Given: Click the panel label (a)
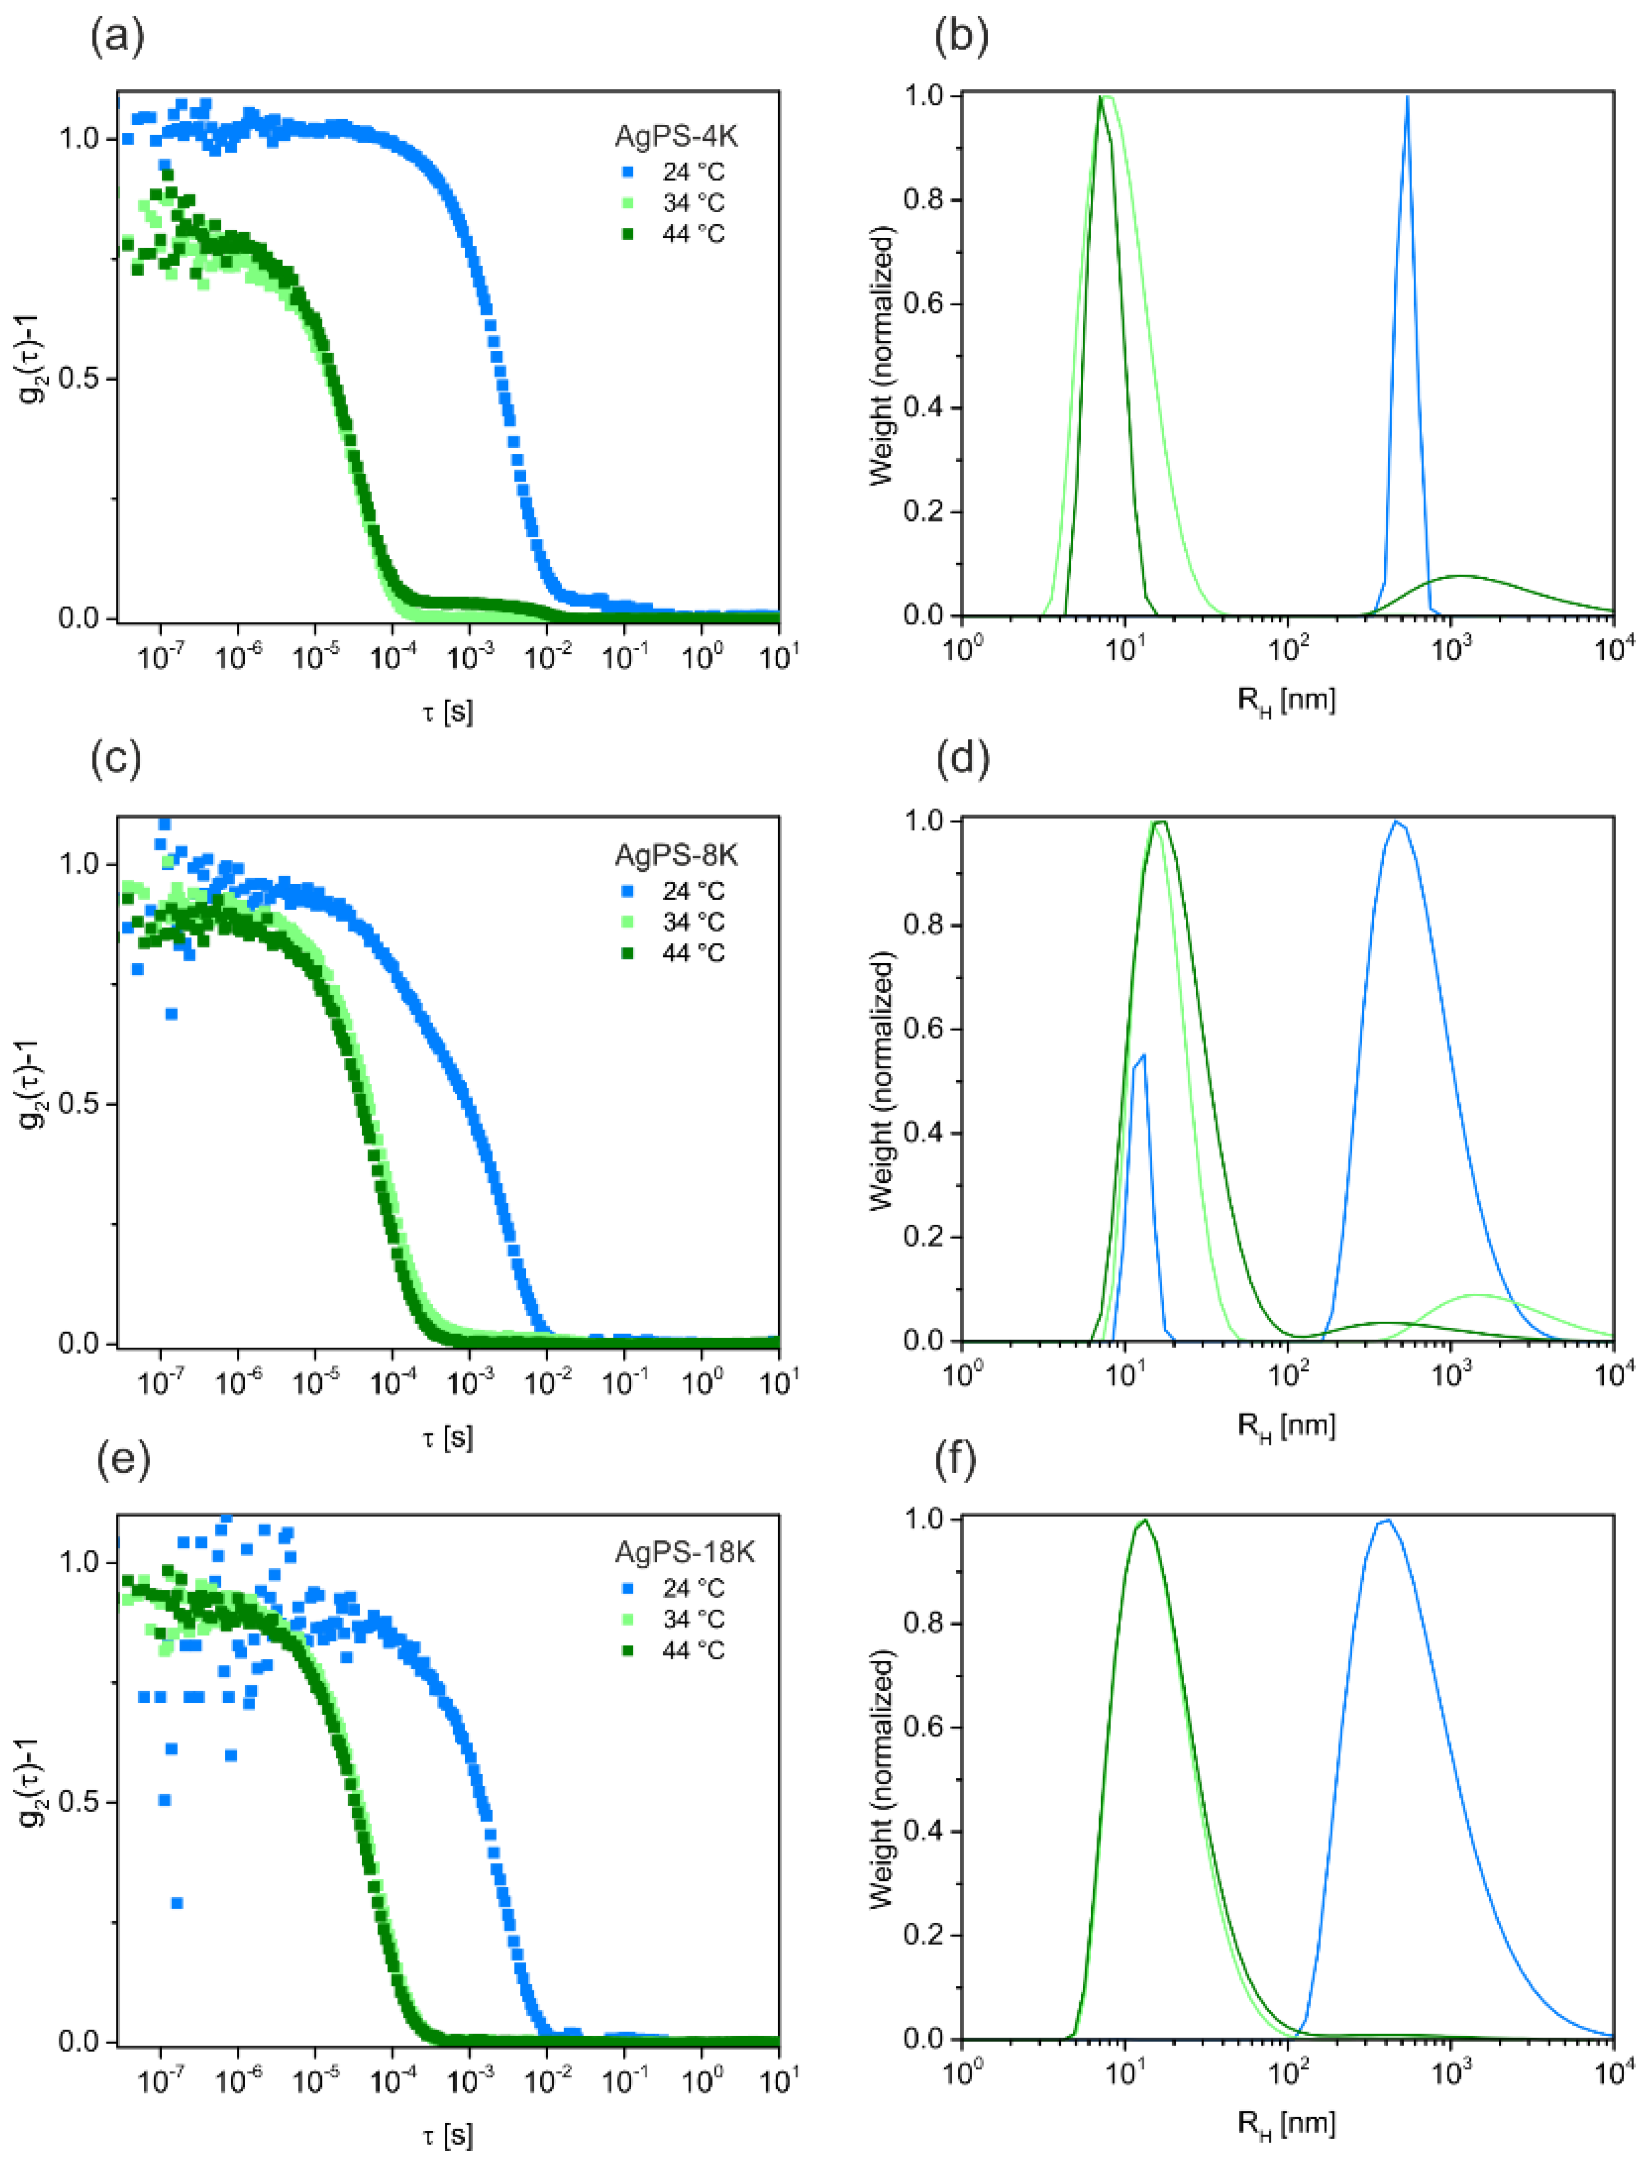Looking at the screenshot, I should click(x=117, y=37).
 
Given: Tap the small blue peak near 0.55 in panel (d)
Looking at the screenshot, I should click(x=1142, y=1056).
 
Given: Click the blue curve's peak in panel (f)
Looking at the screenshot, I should click(x=1386, y=1521).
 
